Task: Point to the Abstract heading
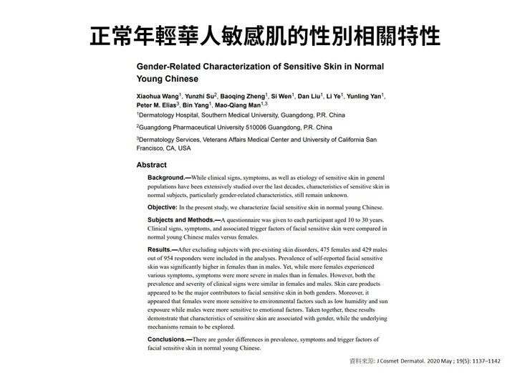coord(151,165)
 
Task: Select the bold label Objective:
coord(166,207)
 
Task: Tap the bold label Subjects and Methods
coord(181,220)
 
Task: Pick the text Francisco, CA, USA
coord(164,148)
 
